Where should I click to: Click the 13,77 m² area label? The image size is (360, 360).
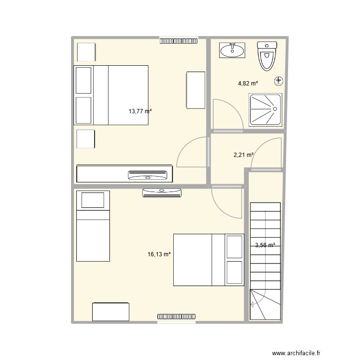click(140, 111)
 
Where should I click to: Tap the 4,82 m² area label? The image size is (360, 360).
click(248, 83)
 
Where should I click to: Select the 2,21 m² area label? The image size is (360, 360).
click(243, 155)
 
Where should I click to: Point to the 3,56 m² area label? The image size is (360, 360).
click(265, 245)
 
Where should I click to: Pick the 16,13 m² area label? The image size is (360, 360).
click(159, 254)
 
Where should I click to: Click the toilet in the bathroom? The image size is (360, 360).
click(267, 56)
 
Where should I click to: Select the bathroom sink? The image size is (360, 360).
click(232, 50)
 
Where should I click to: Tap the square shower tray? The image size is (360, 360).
click(264, 109)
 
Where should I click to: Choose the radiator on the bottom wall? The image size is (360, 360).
click(176, 317)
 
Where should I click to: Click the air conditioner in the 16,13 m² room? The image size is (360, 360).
click(162, 193)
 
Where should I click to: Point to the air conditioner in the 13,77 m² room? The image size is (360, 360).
click(149, 175)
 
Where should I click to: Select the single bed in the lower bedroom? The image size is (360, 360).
click(93, 226)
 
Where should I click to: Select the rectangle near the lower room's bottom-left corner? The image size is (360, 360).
click(111, 312)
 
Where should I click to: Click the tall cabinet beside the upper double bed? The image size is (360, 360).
click(195, 90)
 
